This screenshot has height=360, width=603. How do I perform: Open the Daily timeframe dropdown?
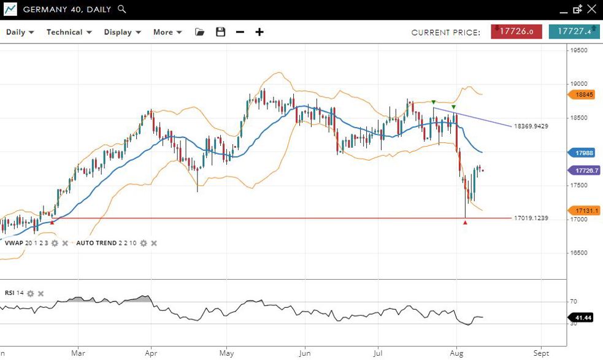click(20, 32)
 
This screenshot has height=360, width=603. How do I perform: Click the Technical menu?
click(69, 32)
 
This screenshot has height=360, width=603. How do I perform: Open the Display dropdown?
click(122, 32)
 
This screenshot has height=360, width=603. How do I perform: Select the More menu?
click(167, 32)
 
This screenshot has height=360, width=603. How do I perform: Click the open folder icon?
click(199, 32)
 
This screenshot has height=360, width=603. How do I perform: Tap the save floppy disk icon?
click(221, 32)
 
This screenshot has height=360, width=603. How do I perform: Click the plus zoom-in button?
click(259, 32)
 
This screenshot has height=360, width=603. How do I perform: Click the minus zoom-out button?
click(240, 32)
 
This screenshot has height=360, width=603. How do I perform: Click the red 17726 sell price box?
click(516, 31)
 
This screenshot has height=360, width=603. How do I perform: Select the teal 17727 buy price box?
click(574, 31)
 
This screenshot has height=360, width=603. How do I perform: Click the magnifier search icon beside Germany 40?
click(121, 9)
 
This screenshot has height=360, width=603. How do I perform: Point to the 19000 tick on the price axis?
click(580, 84)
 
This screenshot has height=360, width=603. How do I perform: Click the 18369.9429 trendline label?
click(531, 126)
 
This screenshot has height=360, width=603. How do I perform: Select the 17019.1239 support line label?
click(531, 218)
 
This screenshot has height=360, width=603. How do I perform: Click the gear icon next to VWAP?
click(55, 243)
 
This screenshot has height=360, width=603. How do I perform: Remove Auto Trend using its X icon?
click(154, 243)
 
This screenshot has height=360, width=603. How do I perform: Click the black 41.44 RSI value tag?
click(585, 318)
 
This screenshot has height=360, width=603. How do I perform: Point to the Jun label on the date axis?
click(304, 353)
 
